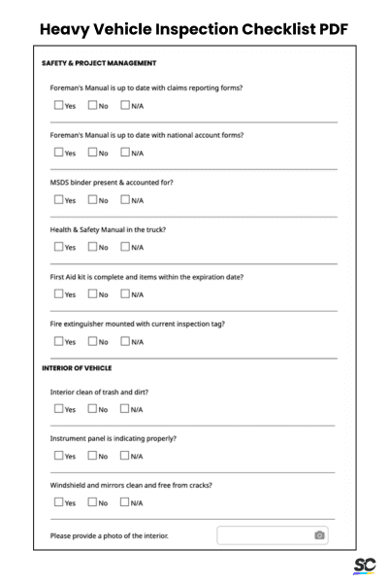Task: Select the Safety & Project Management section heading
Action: point(99,63)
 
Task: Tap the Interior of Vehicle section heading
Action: point(77,368)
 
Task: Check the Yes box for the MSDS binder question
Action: point(58,200)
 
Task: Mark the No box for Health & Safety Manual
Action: point(92,247)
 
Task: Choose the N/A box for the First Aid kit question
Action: point(125,293)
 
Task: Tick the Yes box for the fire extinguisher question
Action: point(58,341)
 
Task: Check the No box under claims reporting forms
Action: point(92,106)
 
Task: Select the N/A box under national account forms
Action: point(125,153)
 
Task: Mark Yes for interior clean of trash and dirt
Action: point(58,408)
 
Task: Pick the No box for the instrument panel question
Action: point(92,455)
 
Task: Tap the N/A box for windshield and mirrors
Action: point(125,502)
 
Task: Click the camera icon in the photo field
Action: point(319,535)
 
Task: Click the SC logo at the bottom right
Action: point(364,566)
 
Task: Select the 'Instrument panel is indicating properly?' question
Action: point(113,438)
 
